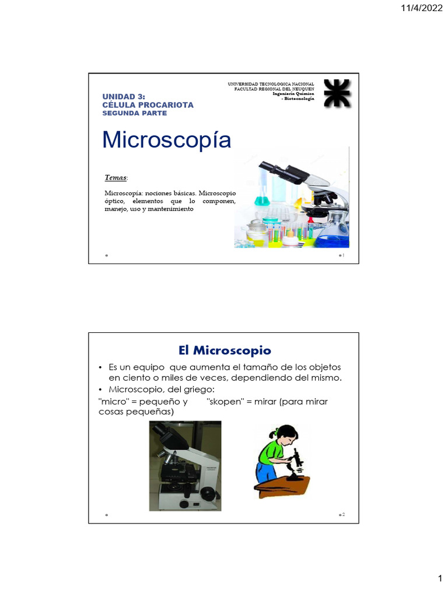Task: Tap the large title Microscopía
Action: (166, 141)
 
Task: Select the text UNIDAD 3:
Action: (124, 96)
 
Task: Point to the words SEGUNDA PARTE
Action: (134, 113)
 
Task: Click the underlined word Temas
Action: (116, 177)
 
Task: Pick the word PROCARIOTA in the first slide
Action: (164, 104)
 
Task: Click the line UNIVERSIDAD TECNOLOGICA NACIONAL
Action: (271, 84)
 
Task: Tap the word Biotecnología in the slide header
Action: (299, 99)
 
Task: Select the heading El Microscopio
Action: (225, 350)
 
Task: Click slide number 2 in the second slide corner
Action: (344, 515)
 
